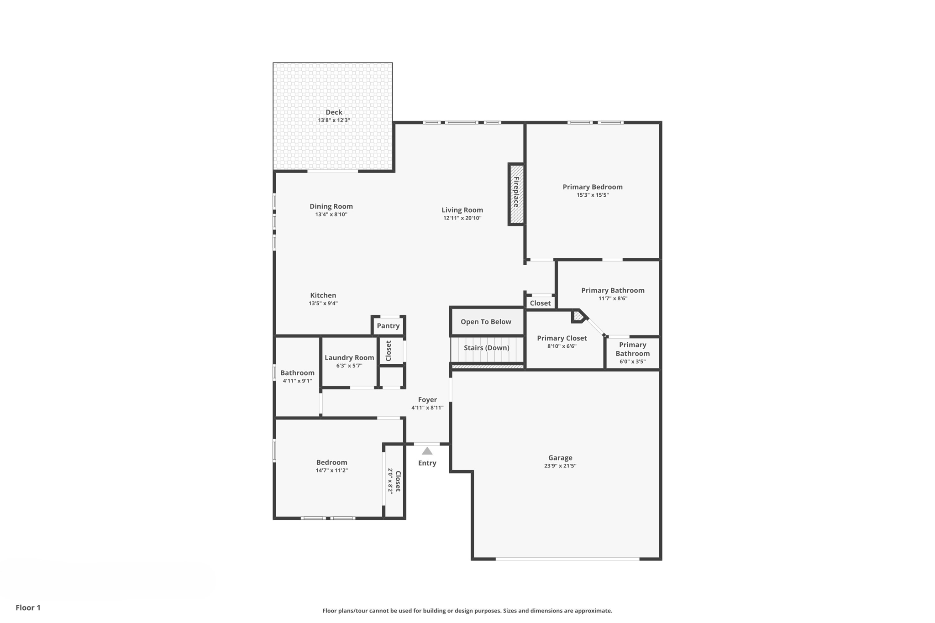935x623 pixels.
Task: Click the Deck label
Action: [x=334, y=112]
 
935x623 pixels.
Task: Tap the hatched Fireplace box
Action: [x=516, y=194]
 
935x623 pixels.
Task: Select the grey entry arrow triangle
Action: [x=427, y=451]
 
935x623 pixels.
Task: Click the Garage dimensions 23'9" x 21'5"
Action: [x=560, y=466]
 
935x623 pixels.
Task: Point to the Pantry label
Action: [x=388, y=326]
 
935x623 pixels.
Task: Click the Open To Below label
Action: [x=486, y=322]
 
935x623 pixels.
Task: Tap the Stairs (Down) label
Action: [x=486, y=348]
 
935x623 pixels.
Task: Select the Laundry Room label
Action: [x=349, y=358]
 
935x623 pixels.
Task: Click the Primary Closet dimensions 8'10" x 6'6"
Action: [x=562, y=346]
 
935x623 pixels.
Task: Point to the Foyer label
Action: [x=427, y=400]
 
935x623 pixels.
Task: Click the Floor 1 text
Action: [x=28, y=607]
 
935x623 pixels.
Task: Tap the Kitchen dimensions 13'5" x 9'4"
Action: [x=323, y=304]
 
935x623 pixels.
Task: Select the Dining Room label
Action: [x=331, y=206]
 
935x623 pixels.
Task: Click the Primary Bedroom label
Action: [x=593, y=187]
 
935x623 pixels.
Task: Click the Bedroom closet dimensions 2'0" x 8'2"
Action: [x=390, y=481]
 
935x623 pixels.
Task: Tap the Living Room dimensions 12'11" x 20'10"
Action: [x=462, y=218]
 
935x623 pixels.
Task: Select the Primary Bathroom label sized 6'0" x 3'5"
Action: [x=632, y=349]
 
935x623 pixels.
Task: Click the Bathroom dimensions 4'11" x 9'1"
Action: [x=297, y=381]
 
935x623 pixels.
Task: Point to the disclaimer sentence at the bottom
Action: [x=467, y=611]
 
